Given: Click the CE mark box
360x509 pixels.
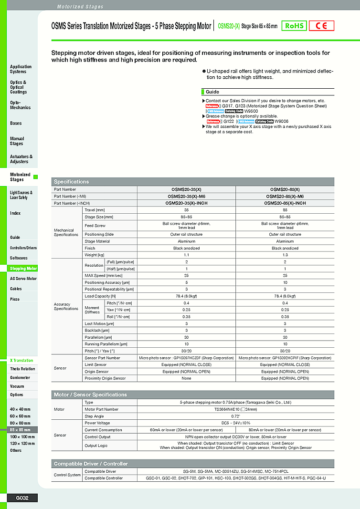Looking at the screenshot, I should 321,26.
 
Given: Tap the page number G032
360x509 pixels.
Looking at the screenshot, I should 22,498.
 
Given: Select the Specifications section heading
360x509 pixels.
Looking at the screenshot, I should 72,182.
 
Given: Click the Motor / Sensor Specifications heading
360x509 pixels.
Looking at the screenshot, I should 90,395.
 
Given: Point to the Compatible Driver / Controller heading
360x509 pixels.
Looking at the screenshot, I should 90,464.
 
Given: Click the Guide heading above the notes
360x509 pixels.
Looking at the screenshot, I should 212,92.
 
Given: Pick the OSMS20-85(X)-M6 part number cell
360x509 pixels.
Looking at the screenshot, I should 285,196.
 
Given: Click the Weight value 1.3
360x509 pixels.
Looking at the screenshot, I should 285,255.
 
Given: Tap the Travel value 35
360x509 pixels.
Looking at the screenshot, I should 186,210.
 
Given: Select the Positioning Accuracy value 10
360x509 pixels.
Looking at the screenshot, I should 285,282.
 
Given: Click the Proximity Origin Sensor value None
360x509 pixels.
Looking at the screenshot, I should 186,378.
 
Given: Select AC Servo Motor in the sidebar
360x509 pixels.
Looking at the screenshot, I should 23,279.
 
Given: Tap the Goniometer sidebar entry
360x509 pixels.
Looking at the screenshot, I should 21,377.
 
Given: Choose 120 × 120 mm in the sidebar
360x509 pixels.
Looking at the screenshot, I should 22,443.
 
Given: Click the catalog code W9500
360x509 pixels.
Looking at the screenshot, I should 251,111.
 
